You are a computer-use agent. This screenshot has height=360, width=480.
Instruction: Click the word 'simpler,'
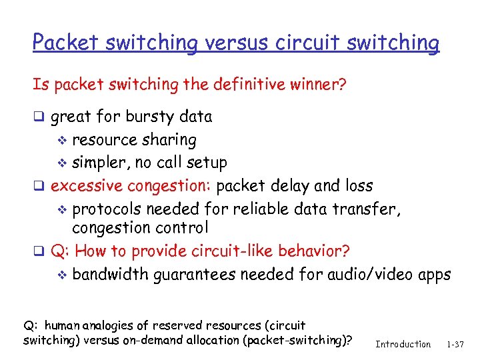101,163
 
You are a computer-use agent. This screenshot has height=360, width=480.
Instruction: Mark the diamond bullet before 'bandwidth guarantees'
63,275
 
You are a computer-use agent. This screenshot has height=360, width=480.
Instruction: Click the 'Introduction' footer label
403,344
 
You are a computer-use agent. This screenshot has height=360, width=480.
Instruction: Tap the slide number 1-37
456,344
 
